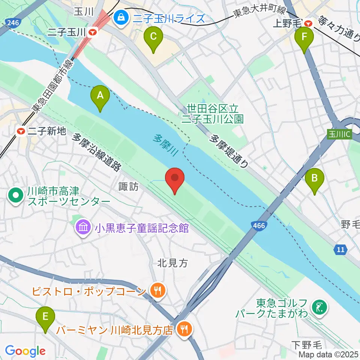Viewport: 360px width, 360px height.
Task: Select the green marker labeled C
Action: click(x=153, y=37)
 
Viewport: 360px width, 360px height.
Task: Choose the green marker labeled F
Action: click(x=304, y=38)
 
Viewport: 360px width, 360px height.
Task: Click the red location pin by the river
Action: click(x=175, y=178)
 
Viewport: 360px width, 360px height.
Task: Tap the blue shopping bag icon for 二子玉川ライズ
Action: click(x=121, y=16)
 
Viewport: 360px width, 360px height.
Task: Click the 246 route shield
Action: click(x=12, y=23)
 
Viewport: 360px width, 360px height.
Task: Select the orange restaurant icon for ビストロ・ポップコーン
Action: click(x=157, y=290)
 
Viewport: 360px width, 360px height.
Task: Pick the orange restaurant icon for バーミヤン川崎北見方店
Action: click(x=184, y=329)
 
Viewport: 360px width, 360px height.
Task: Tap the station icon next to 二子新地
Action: click(x=21, y=131)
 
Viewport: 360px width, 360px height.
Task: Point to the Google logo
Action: click(x=25, y=351)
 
